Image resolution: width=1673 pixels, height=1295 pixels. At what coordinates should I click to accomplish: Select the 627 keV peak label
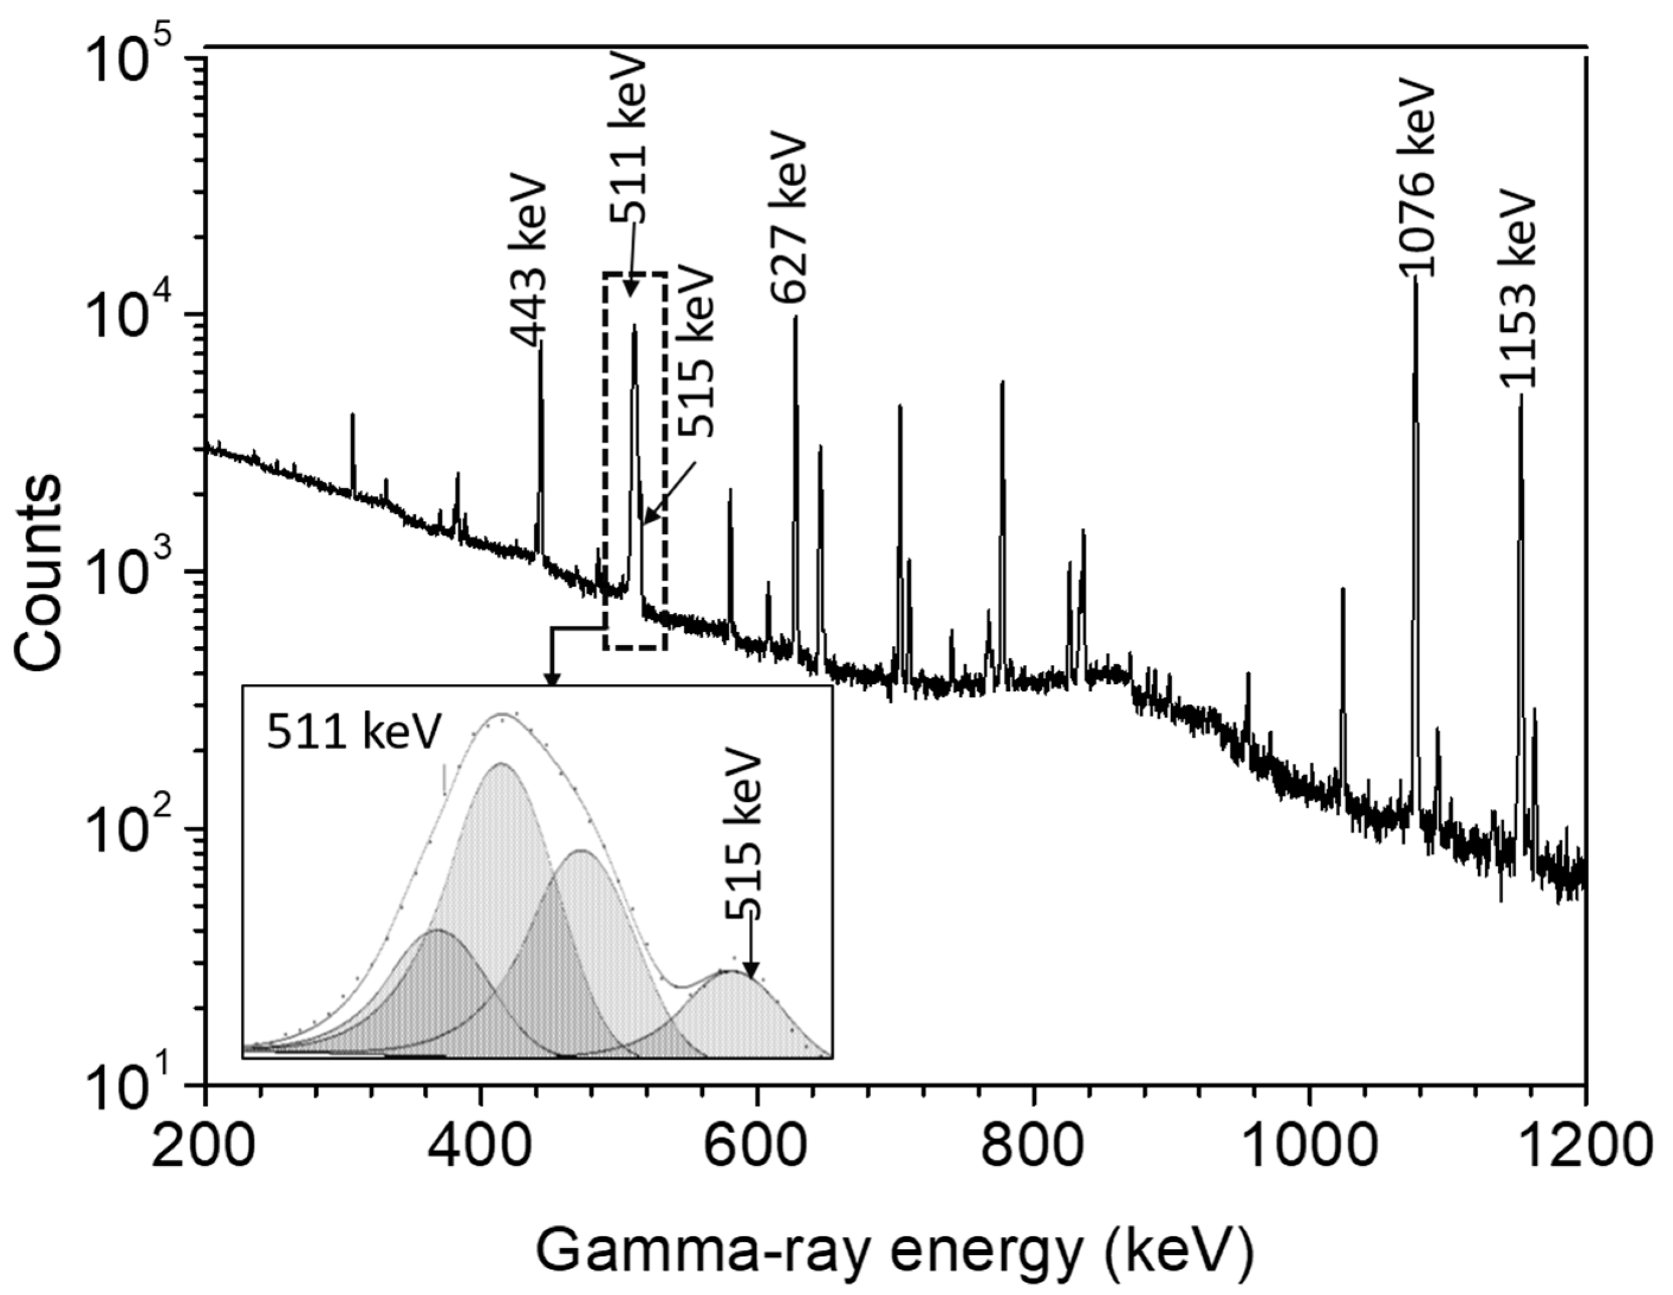click(788, 218)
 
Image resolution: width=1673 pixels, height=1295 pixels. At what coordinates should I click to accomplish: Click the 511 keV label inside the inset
click(354, 733)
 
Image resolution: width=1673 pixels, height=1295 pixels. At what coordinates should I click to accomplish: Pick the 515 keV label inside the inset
click(744, 835)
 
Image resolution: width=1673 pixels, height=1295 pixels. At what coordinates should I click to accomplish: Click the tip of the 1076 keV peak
click(1416, 280)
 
